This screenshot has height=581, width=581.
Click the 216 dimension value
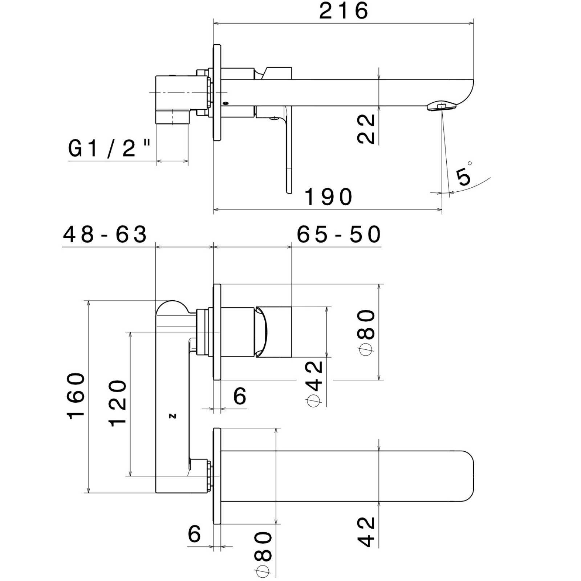coord(344,11)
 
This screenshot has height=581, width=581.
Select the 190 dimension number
coord(328,197)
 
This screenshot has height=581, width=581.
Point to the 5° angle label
coord(464,174)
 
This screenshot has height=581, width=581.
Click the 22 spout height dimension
coord(366,129)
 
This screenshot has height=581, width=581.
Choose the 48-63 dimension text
coord(105,234)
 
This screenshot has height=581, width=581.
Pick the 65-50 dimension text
coord(339,234)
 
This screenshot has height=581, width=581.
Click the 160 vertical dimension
coord(76,395)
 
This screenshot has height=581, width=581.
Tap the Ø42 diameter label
coord(314,383)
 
